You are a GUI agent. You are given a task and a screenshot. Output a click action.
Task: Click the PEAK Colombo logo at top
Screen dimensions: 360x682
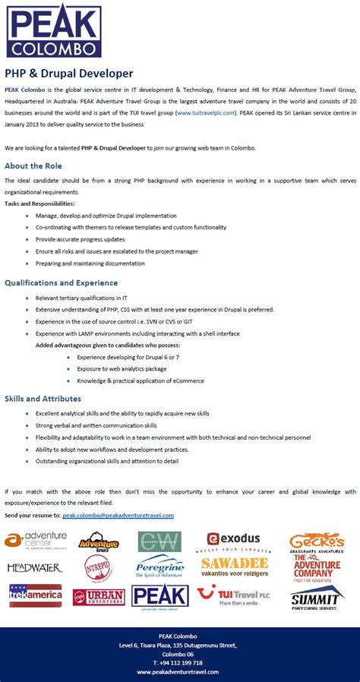(x=54, y=30)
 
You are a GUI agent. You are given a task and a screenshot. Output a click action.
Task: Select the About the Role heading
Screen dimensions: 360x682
(x=33, y=166)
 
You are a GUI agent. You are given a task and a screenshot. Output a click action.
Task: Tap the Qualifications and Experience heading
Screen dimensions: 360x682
(x=62, y=283)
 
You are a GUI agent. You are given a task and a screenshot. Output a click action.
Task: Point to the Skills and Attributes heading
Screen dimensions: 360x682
(x=43, y=399)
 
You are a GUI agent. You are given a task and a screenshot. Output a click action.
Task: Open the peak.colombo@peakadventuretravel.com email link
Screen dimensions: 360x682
(x=118, y=515)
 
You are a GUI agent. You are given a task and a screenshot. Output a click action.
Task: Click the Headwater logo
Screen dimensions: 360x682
(x=35, y=567)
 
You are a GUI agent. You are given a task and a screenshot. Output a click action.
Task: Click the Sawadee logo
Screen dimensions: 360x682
(x=235, y=567)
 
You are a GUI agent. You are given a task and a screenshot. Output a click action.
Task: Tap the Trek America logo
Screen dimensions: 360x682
(x=35, y=595)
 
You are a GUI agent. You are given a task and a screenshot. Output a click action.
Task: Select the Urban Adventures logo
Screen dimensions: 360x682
(x=99, y=597)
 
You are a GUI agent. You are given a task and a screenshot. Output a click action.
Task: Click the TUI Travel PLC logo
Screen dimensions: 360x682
(x=234, y=595)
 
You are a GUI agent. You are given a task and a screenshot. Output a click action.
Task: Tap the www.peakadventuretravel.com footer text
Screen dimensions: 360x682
(x=178, y=672)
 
